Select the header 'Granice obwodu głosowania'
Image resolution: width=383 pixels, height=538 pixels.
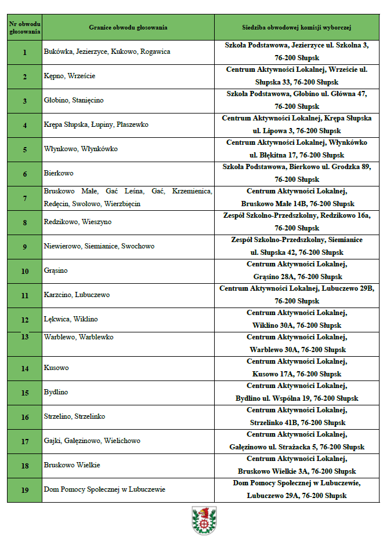click(128, 27)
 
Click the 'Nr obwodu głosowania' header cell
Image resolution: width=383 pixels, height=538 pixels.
click(24, 27)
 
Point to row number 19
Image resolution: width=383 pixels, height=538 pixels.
click(24, 490)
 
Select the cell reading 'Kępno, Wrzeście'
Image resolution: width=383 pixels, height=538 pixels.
click(70, 76)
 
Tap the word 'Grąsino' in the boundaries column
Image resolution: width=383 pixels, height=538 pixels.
click(56, 270)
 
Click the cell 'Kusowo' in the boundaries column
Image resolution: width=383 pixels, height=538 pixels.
click(56, 368)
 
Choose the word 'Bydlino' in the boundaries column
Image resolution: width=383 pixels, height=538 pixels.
click(56, 392)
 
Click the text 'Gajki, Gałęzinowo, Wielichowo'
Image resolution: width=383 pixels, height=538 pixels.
click(92, 441)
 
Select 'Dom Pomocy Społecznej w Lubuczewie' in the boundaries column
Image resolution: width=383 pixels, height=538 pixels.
click(104, 490)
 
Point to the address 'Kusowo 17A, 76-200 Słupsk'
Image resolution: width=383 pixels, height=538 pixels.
click(297, 374)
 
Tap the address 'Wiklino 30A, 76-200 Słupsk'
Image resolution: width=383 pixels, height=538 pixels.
click(297, 325)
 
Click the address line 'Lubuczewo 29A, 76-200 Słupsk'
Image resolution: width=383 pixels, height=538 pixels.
click(297, 496)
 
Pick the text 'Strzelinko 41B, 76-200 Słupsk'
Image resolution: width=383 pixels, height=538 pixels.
click(297, 423)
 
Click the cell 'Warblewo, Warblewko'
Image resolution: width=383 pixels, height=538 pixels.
click(78, 337)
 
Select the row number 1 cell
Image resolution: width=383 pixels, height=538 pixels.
click(24, 52)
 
